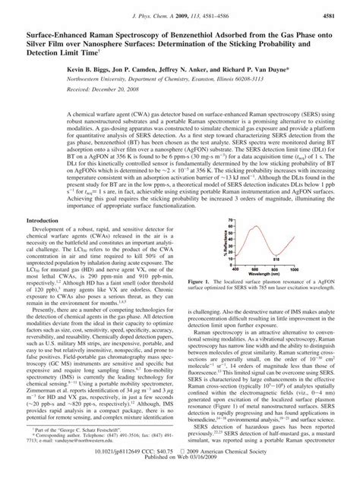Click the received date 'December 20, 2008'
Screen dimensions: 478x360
(x=109, y=88)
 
